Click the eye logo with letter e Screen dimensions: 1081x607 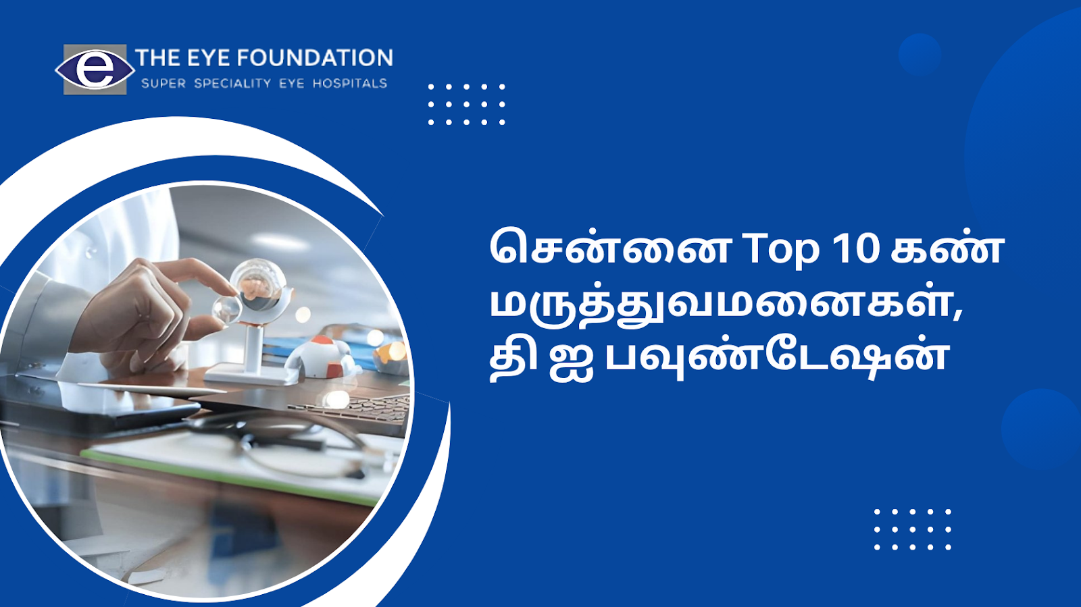95,70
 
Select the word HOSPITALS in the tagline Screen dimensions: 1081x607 350,84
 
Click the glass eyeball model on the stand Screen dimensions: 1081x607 258,284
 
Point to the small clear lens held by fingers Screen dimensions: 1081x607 226,309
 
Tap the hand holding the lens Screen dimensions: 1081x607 155,309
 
